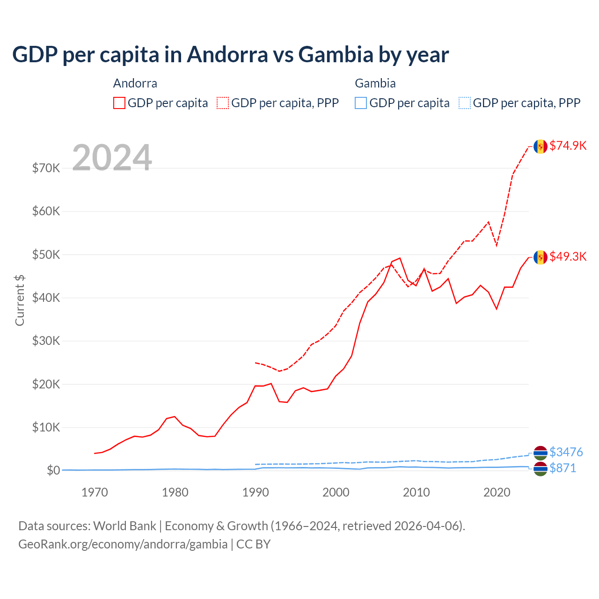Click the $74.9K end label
[x=568, y=146]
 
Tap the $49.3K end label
[x=568, y=256]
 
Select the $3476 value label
[x=566, y=452]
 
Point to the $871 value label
[x=562, y=468]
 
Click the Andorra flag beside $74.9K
[x=541, y=146]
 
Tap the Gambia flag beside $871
[x=541, y=469]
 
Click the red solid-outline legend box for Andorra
[x=119, y=103]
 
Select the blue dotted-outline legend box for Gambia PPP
[x=465, y=103]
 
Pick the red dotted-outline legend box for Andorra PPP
[x=223, y=103]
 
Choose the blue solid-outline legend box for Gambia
[x=361, y=103]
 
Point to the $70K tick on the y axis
[x=46, y=168]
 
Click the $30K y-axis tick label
[x=46, y=341]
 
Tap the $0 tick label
[x=53, y=470]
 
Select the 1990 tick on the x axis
[x=256, y=492]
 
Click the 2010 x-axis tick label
[x=416, y=492]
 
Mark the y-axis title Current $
[x=20, y=300]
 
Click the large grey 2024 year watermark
[x=112, y=158]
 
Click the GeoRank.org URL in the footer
[x=123, y=544]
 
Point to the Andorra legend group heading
[x=135, y=83]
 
